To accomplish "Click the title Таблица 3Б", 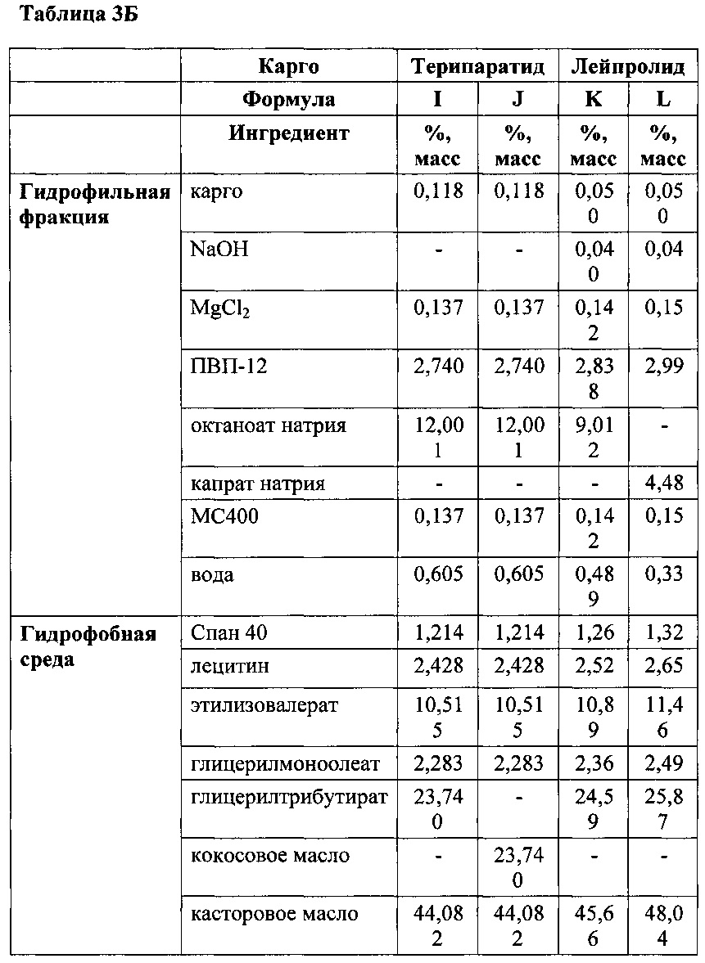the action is point(70,16).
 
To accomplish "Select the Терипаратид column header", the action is point(477,66).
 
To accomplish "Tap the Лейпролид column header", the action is point(627,66).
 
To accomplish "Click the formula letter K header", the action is point(593,100).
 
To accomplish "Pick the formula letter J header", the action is point(517,100).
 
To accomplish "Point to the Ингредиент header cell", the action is point(288,133).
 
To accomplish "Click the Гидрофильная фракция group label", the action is point(95,205).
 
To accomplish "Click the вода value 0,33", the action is point(663,575).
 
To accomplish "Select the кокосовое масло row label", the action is point(269,856).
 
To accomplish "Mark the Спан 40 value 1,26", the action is point(593,632).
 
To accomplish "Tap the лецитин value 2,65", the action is point(663,666).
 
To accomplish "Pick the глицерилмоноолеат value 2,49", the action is point(663,764).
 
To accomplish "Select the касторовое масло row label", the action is point(273,914).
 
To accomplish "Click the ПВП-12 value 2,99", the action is point(663,367).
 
